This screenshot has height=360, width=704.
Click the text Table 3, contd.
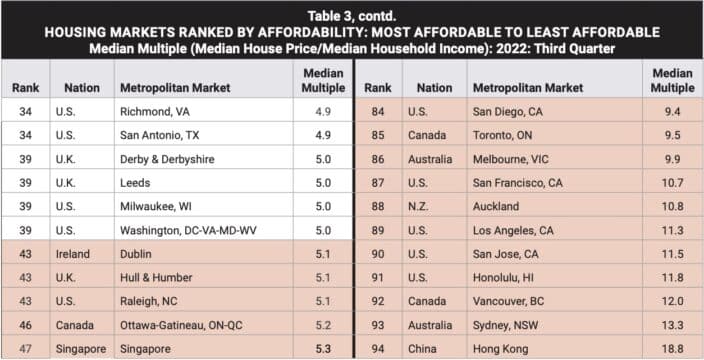[352, 12]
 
